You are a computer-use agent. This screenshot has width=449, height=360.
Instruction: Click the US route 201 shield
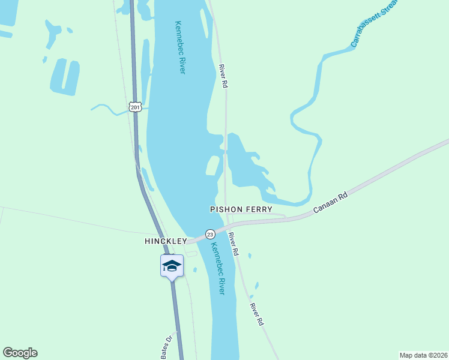(135, 107)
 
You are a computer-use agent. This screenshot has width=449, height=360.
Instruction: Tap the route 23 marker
(209, 233)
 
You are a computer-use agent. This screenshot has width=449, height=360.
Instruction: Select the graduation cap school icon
(171, 265)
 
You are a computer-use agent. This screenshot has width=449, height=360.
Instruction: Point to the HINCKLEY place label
(165, 241)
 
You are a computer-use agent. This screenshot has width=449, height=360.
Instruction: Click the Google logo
(20, 353)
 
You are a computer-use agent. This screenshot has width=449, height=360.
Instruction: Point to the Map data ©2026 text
(423, 355)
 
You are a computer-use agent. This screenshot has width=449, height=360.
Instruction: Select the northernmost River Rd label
(223, 77)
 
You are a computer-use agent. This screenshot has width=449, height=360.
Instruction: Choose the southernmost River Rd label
(258, 314)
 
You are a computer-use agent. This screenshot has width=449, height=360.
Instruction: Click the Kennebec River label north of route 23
(180, 48)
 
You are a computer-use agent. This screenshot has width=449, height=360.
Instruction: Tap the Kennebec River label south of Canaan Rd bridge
(217, 268)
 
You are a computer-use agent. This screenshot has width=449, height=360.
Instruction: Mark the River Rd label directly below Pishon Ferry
(234, 244)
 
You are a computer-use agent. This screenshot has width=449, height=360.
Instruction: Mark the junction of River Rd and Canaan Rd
(226, 226)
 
